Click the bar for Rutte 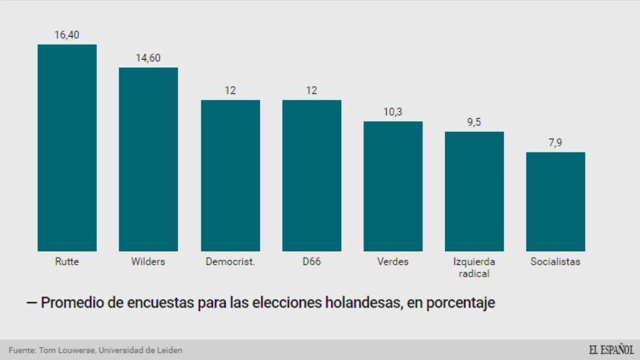67,147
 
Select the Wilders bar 148,159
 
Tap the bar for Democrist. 230,175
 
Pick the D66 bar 311,175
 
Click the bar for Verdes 392,186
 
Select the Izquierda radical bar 474,191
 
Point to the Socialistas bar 555,201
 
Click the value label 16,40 67,35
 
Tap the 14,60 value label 148,58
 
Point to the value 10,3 392,112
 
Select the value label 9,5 474,122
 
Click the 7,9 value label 555,143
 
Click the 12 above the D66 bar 311,91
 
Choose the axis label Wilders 148,262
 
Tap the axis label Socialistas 555,262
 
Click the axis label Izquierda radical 474,267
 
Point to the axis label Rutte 67,262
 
